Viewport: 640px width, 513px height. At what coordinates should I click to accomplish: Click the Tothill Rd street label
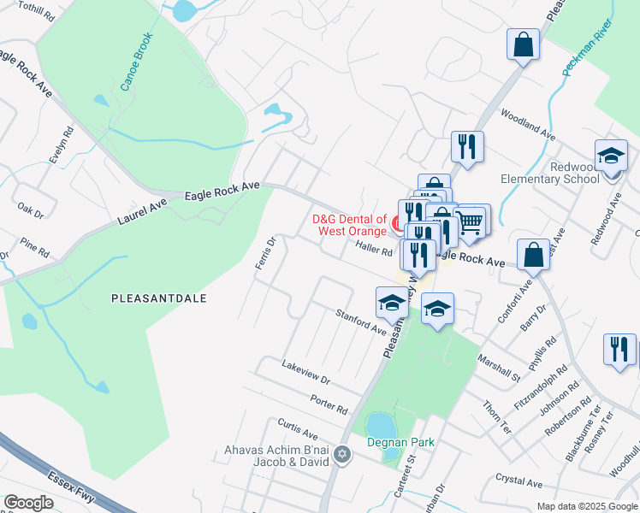click(35, 9)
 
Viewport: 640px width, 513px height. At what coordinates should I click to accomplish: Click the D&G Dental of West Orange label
click(351, 225)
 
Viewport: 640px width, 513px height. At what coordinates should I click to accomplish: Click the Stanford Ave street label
click(360, 321)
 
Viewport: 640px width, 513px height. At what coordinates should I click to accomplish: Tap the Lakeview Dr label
click(305, 372)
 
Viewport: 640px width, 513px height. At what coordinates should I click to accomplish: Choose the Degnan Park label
click(401, 442)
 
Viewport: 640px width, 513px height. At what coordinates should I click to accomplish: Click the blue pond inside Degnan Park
click(379, 423)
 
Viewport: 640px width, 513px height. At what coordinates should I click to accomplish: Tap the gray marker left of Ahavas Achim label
click(342, 453)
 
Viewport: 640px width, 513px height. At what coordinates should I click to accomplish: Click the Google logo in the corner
click(28, 503)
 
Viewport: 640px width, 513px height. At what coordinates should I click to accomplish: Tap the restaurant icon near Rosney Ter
click(619, 349)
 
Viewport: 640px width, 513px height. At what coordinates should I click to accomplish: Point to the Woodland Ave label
click(528, 125)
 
